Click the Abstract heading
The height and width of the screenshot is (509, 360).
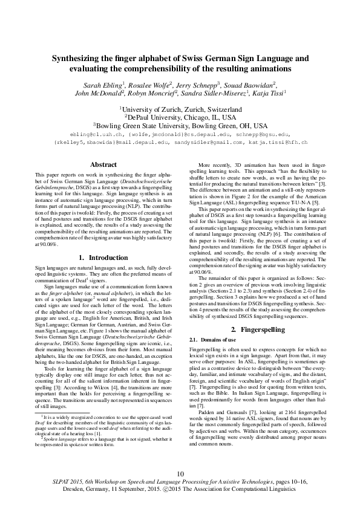tap(103, 164)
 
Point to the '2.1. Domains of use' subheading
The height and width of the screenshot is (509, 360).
tap(211, 340)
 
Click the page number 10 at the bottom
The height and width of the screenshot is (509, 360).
tap(180, 473)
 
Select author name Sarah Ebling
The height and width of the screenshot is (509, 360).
tap(103, 85)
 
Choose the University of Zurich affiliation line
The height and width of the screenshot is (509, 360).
tap(180, 109)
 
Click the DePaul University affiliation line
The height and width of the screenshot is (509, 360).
tap(180, 117)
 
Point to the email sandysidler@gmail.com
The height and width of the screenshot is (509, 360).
tap(214, 142)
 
